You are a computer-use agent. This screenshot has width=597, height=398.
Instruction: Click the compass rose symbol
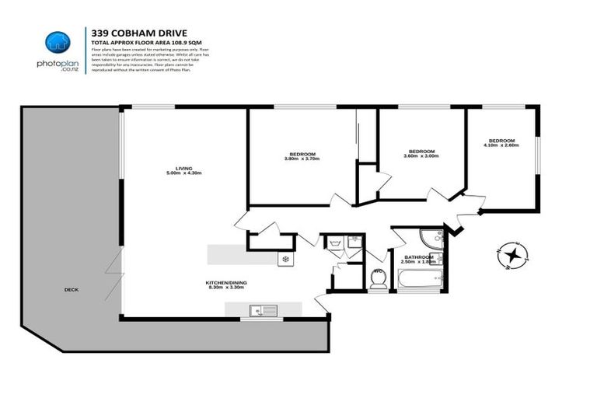coord(511,256)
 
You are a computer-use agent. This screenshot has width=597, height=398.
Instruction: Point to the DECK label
coord(72,290)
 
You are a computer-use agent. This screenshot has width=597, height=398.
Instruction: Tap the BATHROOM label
coord(418,257)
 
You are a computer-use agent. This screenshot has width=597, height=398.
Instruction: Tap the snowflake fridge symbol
coord(285,259)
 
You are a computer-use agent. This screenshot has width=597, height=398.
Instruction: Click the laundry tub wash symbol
coord(334,243)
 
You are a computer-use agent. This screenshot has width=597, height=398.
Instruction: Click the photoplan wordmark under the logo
coord(58,64)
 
